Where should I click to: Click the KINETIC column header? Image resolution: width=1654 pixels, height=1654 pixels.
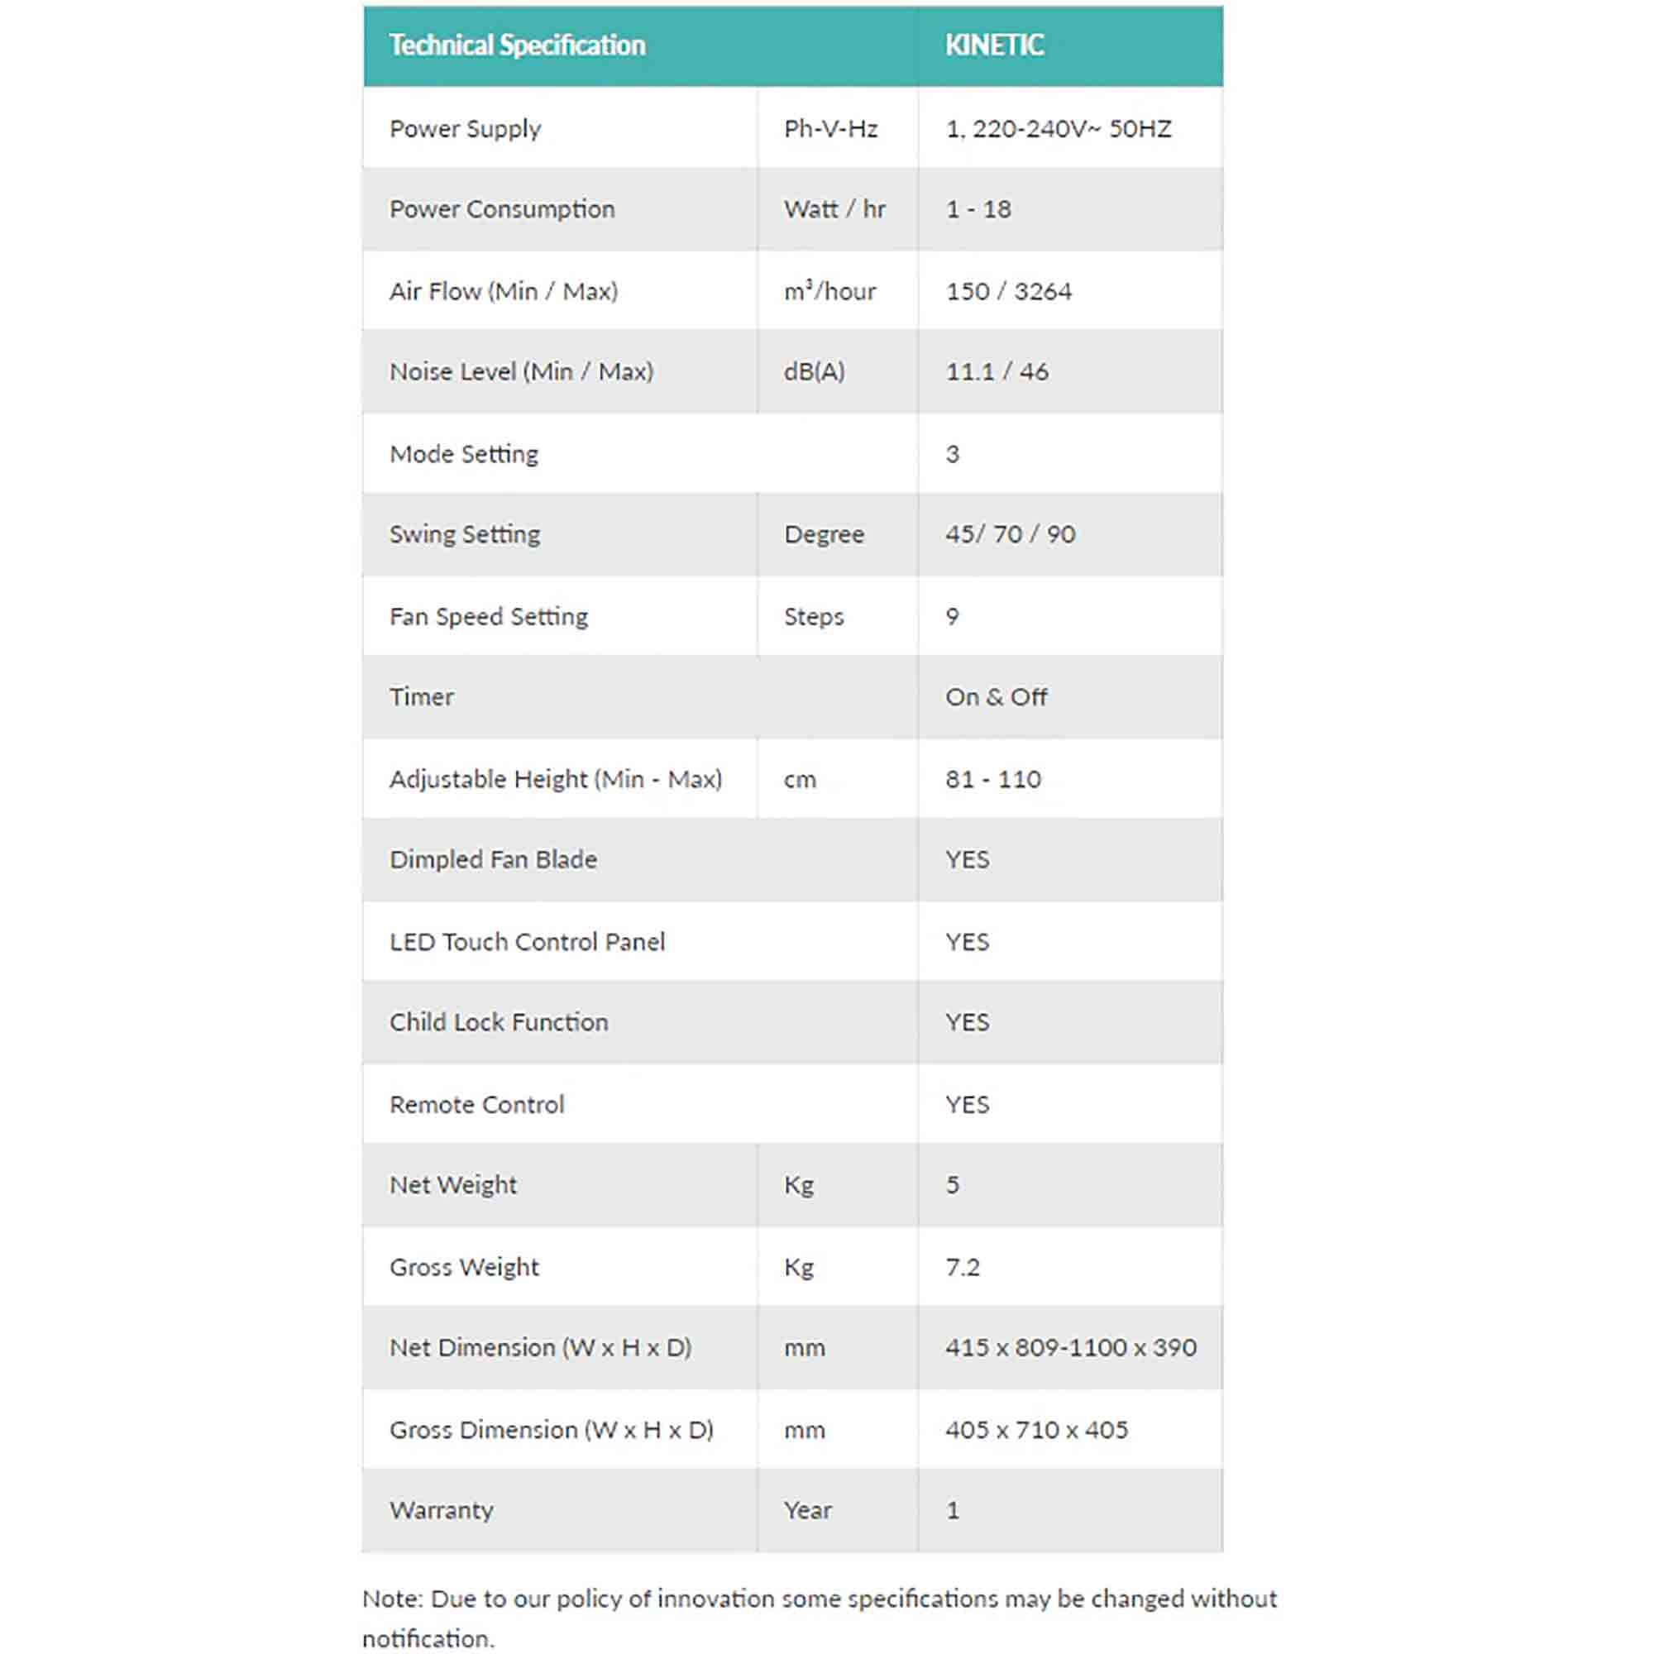coord(994,45)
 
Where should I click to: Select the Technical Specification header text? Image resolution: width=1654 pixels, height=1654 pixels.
coord(517,45)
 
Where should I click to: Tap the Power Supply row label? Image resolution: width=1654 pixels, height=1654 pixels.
coord(465,128)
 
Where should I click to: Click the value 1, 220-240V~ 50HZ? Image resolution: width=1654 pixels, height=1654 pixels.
coord(1059,128)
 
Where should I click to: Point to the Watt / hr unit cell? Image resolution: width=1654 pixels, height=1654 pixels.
coord(834,209)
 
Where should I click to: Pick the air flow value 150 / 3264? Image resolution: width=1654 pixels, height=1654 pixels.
coord(1008,291)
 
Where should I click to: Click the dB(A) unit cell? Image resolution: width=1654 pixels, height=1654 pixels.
coord(814,371)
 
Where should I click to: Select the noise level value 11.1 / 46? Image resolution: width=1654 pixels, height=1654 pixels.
coord(997,371)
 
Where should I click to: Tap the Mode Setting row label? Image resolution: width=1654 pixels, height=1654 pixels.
coord(464,454)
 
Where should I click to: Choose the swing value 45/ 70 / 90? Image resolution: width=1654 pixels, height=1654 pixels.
coord(1011,534)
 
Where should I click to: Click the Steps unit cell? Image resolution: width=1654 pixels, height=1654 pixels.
coord(813,616)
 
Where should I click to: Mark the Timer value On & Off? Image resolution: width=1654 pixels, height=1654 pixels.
coord(996,697)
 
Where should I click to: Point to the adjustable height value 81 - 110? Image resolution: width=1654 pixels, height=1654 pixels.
coord(993,779)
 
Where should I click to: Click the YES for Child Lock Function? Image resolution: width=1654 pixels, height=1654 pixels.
coord(968,1022)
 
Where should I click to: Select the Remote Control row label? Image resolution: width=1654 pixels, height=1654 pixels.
coord(477,1104)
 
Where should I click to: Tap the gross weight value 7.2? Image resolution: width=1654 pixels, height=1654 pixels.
coord(963,1267)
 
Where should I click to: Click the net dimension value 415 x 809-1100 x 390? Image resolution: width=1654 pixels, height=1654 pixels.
coord(1071,1347)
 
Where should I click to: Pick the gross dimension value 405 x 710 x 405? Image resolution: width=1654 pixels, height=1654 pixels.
coord(1037,1430)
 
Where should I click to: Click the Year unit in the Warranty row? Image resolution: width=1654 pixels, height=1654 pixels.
coord(807,1510)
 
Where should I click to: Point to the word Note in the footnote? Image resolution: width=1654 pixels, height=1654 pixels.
coord(392,1599)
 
